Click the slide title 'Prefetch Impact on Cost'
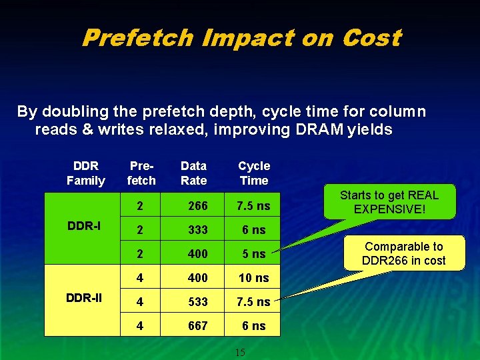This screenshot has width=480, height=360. pyautogui.click(x=241, y=38)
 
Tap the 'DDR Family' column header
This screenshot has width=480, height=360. pyautogui.click(x=86, y=173)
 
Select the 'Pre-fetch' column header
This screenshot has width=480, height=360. pyautogui.click(x=141, y=173)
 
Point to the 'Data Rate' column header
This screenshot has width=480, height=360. pyautogui.click(x=194, y=173)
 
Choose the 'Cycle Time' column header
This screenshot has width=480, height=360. pyautogui.click(x=254, y=173)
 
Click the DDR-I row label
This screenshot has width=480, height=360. pyautogui.click(x=85, y=226)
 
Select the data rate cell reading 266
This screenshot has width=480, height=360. pyautogui.click(x=197, y=206)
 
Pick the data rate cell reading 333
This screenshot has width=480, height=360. pyautogui.click(x=197, y=230)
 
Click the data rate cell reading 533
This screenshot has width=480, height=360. pyautogui.click(x=197, y=302)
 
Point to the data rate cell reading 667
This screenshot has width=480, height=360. pyautogui.click(x=197, y=326)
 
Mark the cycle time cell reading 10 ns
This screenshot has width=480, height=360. pyautogui.click(x=254, y=278)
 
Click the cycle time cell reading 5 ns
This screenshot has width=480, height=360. pyautogui.click(x=254, y=254)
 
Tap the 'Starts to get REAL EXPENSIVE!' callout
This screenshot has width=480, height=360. pyautogui.click(x=389, y=201)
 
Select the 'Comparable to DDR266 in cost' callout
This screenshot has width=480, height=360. pyautogui.click(x=403, y=253)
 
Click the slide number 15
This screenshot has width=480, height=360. pyautogui.click(x=240, y=352)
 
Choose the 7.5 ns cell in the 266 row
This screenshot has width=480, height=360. pyautogui.click(x=254, y=206)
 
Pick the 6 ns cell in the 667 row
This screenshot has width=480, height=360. pyautogui.click(x=254, y=326)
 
